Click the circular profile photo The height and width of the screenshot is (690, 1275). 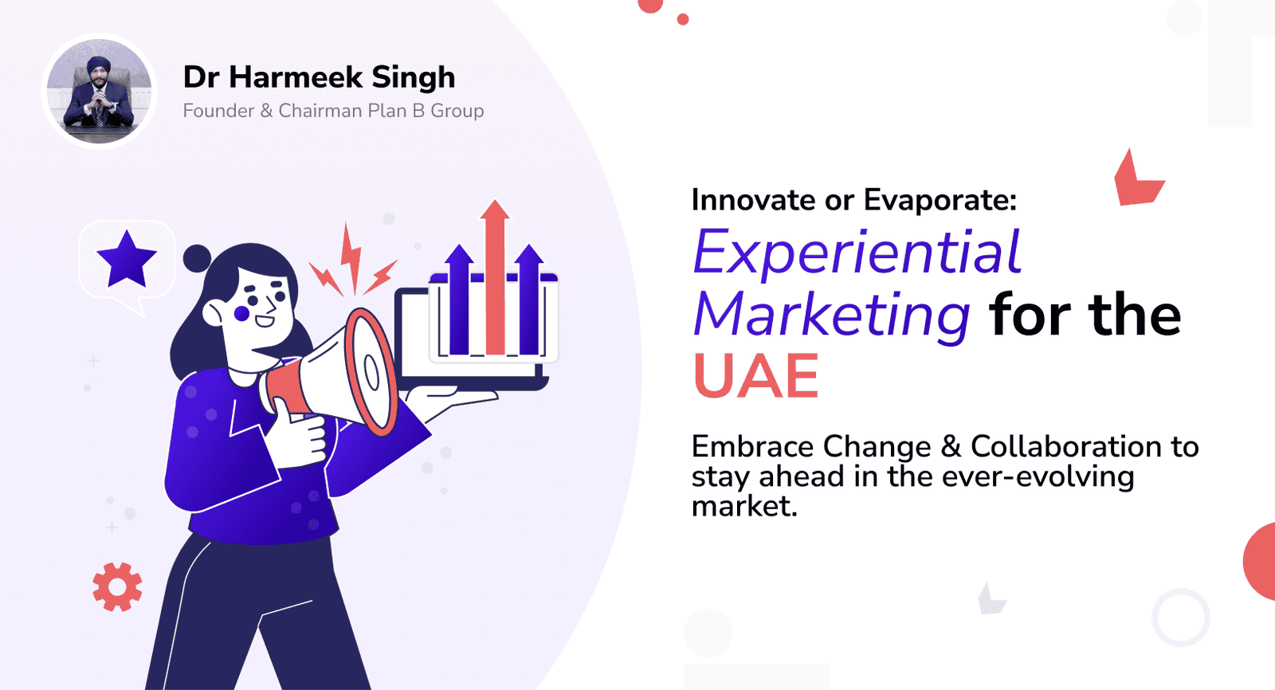(x=99, y=91)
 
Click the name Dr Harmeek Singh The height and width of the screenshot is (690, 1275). (x=320, y=76)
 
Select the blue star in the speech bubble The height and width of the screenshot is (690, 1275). (x=127, y=259)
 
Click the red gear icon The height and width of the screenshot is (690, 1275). (x=117, y=587)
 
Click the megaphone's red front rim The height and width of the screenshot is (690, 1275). (x=370, y=372)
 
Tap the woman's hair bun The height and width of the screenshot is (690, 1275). (x=197, y=258)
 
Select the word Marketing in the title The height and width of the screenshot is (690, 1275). (x=832, y=316)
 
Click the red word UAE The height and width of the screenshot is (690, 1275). (x=756, y=376)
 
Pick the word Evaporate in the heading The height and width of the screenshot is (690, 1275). (x=940, y=200)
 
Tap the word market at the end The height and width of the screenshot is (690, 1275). (x=744, y=505)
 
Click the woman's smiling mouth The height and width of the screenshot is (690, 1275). (x=265, y=321)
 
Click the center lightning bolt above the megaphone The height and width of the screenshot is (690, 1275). (x=351, y=257)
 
